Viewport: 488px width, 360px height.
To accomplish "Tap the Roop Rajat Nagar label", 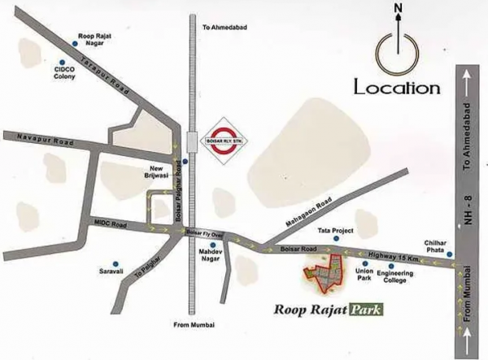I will click(x=96, y=39).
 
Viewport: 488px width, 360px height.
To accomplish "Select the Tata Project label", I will click(x=336, y=232).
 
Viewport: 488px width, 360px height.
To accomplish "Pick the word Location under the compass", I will click(x=396, y=87).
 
